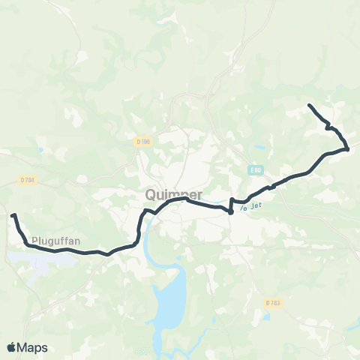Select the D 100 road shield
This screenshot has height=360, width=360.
tap(144, 141)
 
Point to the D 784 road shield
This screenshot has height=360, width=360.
tap(25, 180)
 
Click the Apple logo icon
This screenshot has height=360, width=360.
tap(11, 347)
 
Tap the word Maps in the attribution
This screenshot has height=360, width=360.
tap(32, 347)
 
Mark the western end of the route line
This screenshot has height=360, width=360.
tap(13, 216)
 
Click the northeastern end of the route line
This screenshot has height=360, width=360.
tap(310, 105)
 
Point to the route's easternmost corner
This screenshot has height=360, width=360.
tap(348, 148)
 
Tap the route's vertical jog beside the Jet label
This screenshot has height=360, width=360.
tap(232, 205)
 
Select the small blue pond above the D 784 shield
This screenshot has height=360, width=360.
tap(39, 148)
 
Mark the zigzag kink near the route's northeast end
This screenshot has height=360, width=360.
tap(328, 126)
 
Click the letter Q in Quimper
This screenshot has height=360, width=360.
tap(150, 194)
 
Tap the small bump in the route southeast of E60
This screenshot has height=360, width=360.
tap(273, 184)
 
